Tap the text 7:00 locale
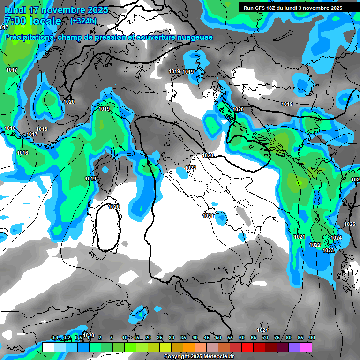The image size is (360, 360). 32,21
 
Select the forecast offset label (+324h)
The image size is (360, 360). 83,21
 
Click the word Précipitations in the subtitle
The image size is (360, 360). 29,37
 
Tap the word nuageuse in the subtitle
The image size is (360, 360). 193,37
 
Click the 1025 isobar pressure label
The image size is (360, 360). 350,224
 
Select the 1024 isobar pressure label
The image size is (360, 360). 336,238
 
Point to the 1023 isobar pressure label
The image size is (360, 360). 328,251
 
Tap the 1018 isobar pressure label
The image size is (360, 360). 42,129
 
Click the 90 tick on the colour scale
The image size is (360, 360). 312,337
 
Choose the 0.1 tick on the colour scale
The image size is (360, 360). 54,337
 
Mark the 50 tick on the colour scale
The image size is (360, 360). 218,337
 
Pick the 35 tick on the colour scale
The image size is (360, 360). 183,337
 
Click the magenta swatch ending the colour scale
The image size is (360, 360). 306,347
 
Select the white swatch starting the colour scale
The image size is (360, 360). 48,347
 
